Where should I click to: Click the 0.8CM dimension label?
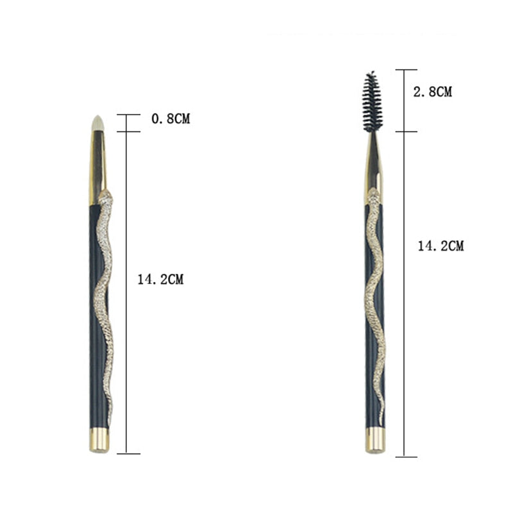171,119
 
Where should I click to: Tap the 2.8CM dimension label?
432,92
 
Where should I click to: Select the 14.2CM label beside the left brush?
160,280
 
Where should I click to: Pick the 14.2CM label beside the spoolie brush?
441,246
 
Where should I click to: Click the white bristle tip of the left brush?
98,123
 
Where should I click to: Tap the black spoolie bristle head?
372,101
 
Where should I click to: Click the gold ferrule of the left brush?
97,167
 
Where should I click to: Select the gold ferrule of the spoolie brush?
373,169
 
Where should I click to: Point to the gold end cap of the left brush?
99,440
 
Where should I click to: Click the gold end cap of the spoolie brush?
375,441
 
